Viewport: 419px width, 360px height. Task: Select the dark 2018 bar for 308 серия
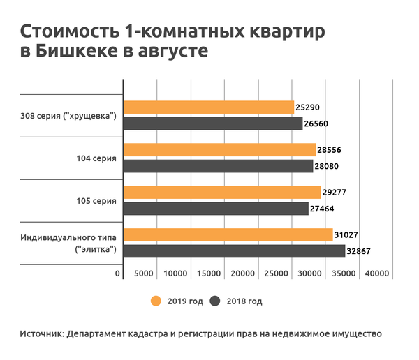[x=212, y=123]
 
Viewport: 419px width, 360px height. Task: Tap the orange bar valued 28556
[x=219, y=150]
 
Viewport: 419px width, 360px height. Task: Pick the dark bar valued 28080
[x=218, y=166]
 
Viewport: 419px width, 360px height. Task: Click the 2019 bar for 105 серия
[x=221, y=192]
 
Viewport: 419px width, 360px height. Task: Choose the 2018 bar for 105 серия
[x=216, y=208]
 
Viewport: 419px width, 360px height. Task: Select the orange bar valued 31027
[x=228, y=234]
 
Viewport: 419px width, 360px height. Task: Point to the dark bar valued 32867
[x=234, y=250]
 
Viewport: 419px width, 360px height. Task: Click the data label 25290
[x=308, y=108]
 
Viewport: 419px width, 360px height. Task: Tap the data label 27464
[x=323, y=208]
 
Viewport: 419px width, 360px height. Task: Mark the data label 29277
[x=335, y=192]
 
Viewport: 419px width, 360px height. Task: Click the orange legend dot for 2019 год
[x=156, y=301]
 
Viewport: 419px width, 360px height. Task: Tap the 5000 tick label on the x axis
[x=144, y=273]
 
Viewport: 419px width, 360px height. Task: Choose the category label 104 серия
[x=96, y=158]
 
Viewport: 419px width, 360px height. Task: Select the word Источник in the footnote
[x=41, y=334]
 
